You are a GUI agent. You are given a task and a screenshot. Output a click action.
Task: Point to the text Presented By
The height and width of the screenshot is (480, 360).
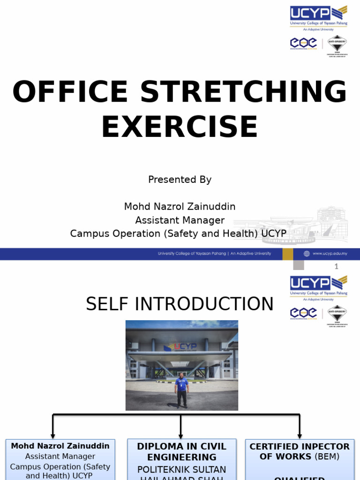pyautogui.click(x=180, y=180)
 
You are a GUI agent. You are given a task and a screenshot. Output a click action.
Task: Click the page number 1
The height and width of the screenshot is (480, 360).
pyautogui.click(x=336, y=266)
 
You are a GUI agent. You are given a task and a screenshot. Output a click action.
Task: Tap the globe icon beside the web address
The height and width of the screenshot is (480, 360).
pyautogui.click(x=307, y=254)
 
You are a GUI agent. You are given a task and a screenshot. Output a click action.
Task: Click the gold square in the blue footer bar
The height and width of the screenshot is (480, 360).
pyautogui.click(x=288, y=254)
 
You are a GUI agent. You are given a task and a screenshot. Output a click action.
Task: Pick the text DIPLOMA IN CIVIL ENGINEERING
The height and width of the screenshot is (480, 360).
pyautogui.click(x=181, y=451)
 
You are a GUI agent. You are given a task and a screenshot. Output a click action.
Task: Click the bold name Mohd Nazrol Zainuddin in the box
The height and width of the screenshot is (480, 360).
pyautogui.click(x=60, y=446)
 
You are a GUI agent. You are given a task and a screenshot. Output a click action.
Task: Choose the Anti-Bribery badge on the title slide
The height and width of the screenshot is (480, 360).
pyautogui.click(x=337, y=46)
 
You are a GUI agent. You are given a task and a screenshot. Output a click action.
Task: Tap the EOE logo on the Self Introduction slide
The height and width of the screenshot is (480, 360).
pyautogui.click(x=303, y=313)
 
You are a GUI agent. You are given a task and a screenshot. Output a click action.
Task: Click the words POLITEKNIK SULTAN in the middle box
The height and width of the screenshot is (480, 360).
pyautogui.click(x=181, y=469)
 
